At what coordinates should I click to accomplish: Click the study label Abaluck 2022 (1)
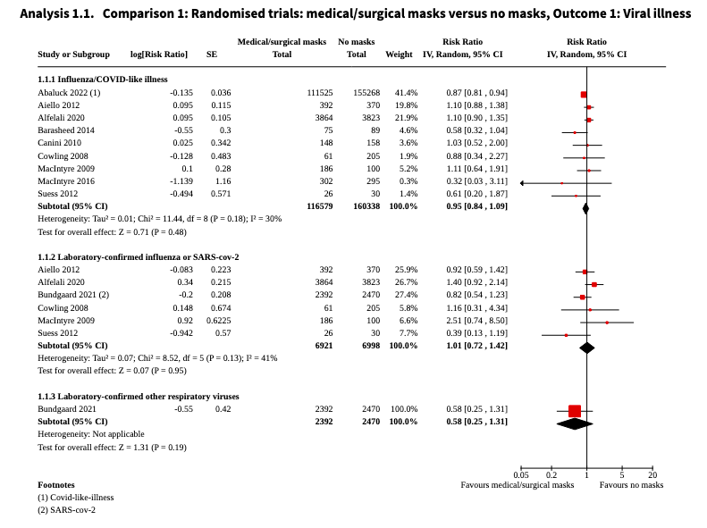pos(69,93)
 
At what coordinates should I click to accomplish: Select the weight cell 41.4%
pos(407,93)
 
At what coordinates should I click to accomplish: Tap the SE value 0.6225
pos(218,320)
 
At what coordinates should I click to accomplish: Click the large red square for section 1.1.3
pos(575,411)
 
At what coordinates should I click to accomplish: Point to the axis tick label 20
pos(652,474)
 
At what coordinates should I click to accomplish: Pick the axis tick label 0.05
pos(521,474)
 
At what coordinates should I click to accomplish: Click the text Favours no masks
pos(631,485)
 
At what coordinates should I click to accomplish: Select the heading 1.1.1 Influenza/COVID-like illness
pos(102,80)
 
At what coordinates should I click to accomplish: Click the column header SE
pos(212,54)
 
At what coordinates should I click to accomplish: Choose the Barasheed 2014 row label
pos(66,130)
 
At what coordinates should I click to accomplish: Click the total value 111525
pos(319,93)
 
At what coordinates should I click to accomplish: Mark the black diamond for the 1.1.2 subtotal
pos(586,347)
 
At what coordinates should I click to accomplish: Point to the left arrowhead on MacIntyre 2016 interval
pos(523,183)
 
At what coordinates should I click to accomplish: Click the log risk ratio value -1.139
pos(181,180)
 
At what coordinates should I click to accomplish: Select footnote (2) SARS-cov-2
pos(66,510)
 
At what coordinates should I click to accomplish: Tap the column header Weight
pos(399,54)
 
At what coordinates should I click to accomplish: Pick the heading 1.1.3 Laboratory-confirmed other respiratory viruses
pos(138,396)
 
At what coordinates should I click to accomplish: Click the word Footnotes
pos(55,484)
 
